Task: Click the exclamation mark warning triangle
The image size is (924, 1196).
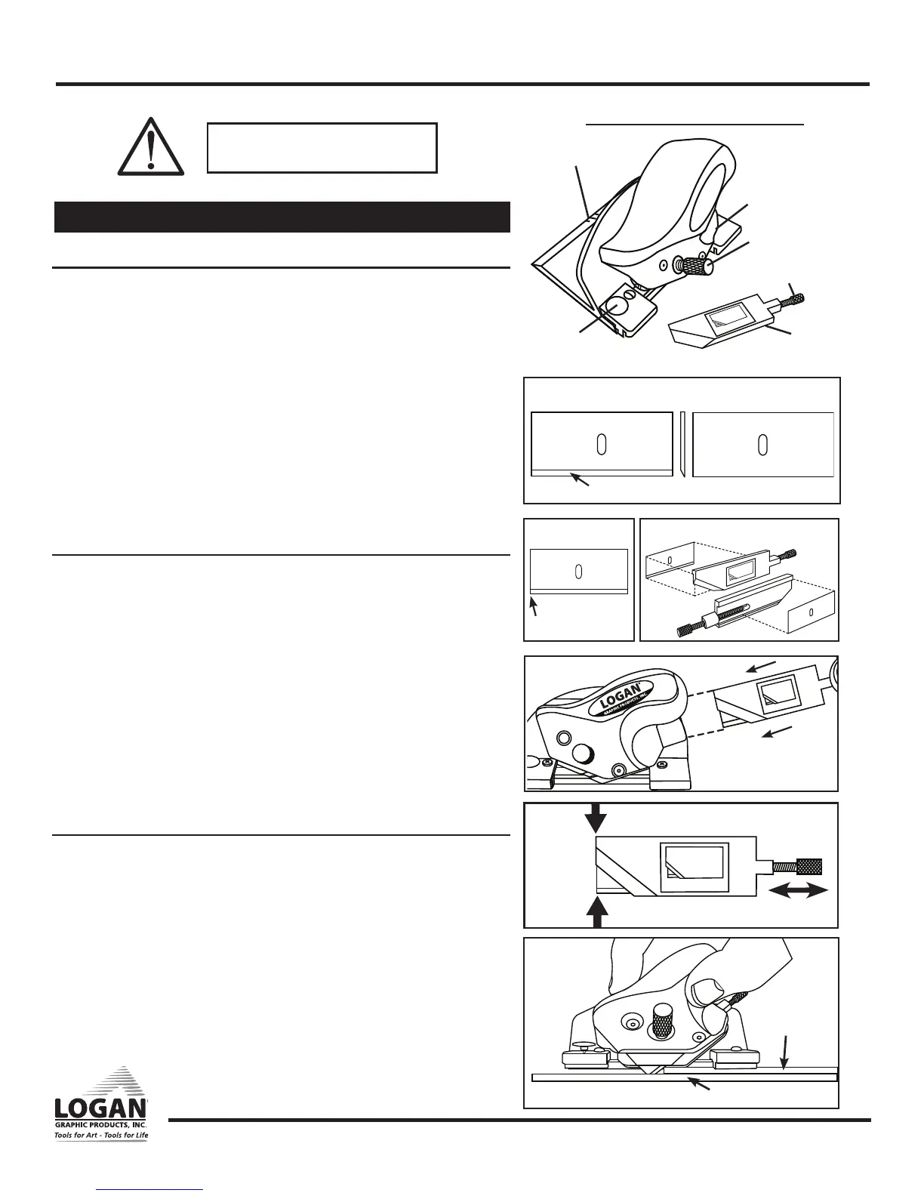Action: (151, 146)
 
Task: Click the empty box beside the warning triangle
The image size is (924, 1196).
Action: (322, 148)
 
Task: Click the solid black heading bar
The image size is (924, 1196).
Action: (282, 217)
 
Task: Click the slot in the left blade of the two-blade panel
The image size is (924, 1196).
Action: (602, 444)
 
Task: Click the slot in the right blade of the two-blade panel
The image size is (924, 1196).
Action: (763, 444)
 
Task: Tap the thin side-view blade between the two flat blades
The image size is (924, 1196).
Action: (681, 444)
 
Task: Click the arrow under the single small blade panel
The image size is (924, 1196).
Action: (534, 606)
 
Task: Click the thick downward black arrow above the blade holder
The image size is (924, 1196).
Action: (596, 817)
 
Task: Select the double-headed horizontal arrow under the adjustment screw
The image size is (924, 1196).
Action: (798, 892)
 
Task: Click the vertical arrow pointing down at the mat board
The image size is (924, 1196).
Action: (785, 1053)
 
